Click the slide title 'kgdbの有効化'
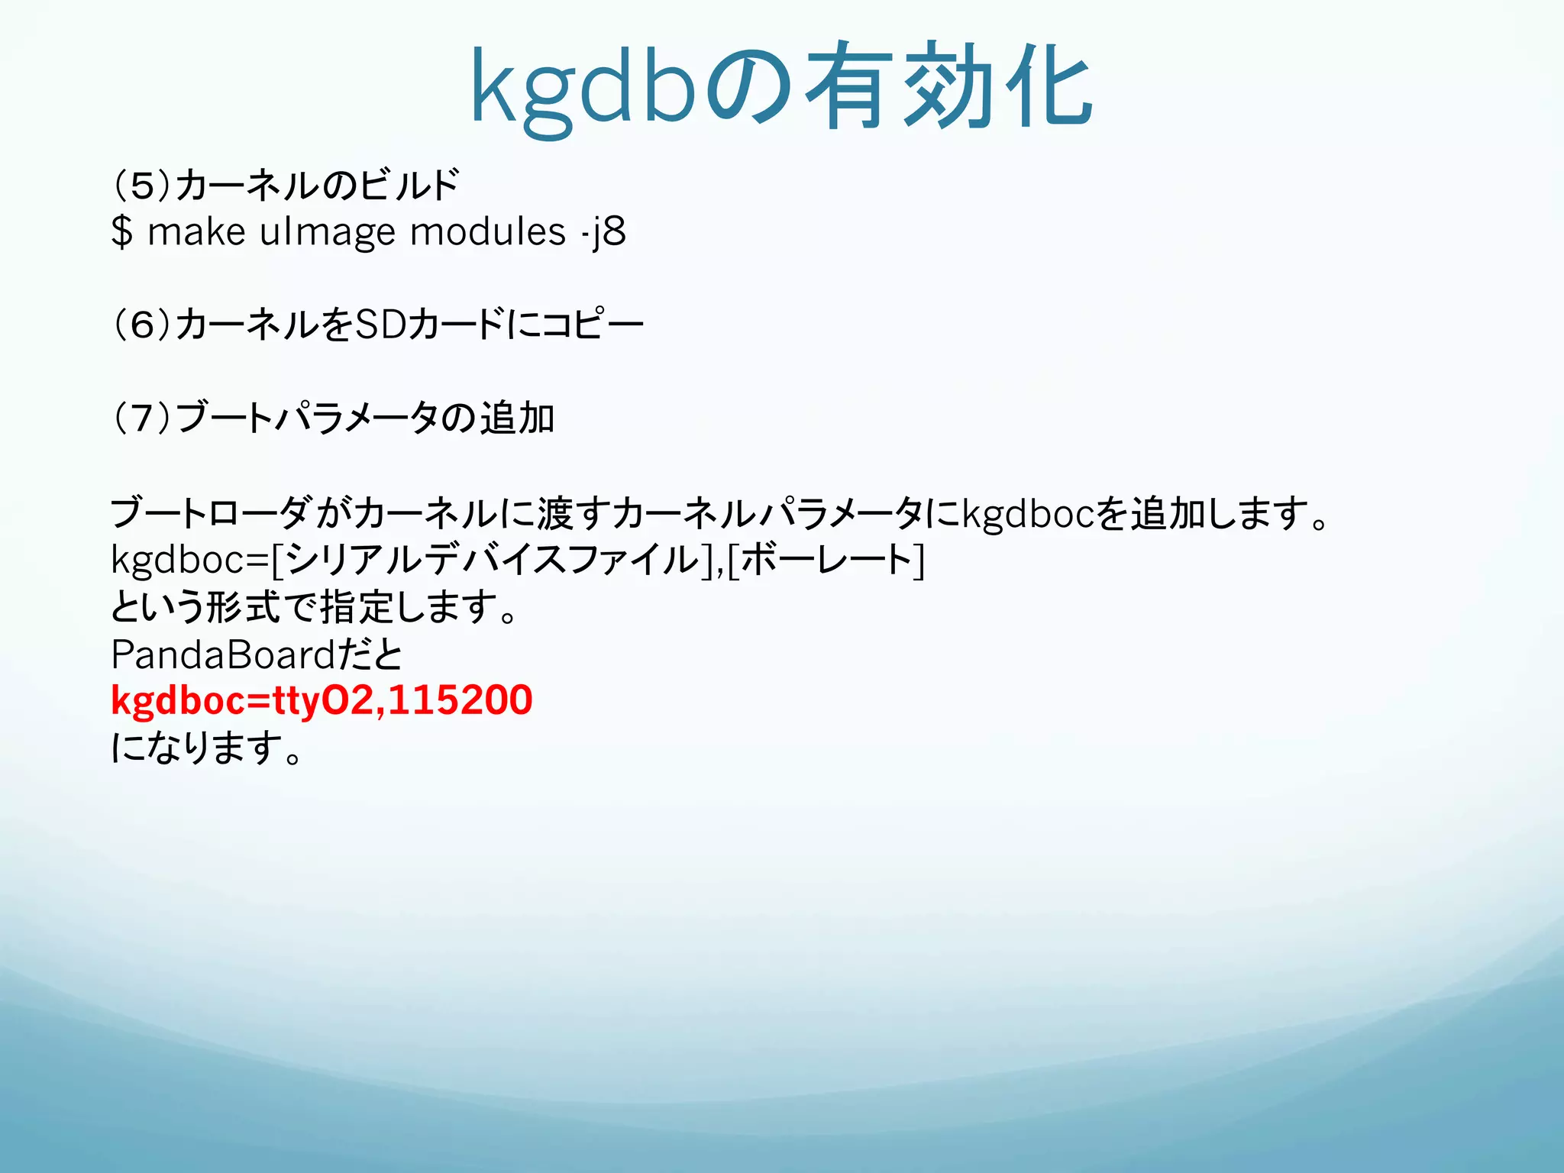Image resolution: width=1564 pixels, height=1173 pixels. click(781, 88)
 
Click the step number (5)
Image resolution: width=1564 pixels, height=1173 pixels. click(142, 186)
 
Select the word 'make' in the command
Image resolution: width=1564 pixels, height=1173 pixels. click(196, 232)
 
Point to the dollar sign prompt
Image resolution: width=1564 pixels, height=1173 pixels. click(121, 232)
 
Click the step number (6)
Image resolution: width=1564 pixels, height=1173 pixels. click(142, 325)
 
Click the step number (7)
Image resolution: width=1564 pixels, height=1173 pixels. click(142, 418)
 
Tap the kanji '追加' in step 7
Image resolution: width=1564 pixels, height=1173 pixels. click(517, 418)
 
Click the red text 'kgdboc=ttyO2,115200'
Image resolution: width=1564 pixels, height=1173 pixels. click(322, 700)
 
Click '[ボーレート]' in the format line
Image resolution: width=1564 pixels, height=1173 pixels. click(826, 561)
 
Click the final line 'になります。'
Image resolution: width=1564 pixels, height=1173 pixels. click(206, 748)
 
